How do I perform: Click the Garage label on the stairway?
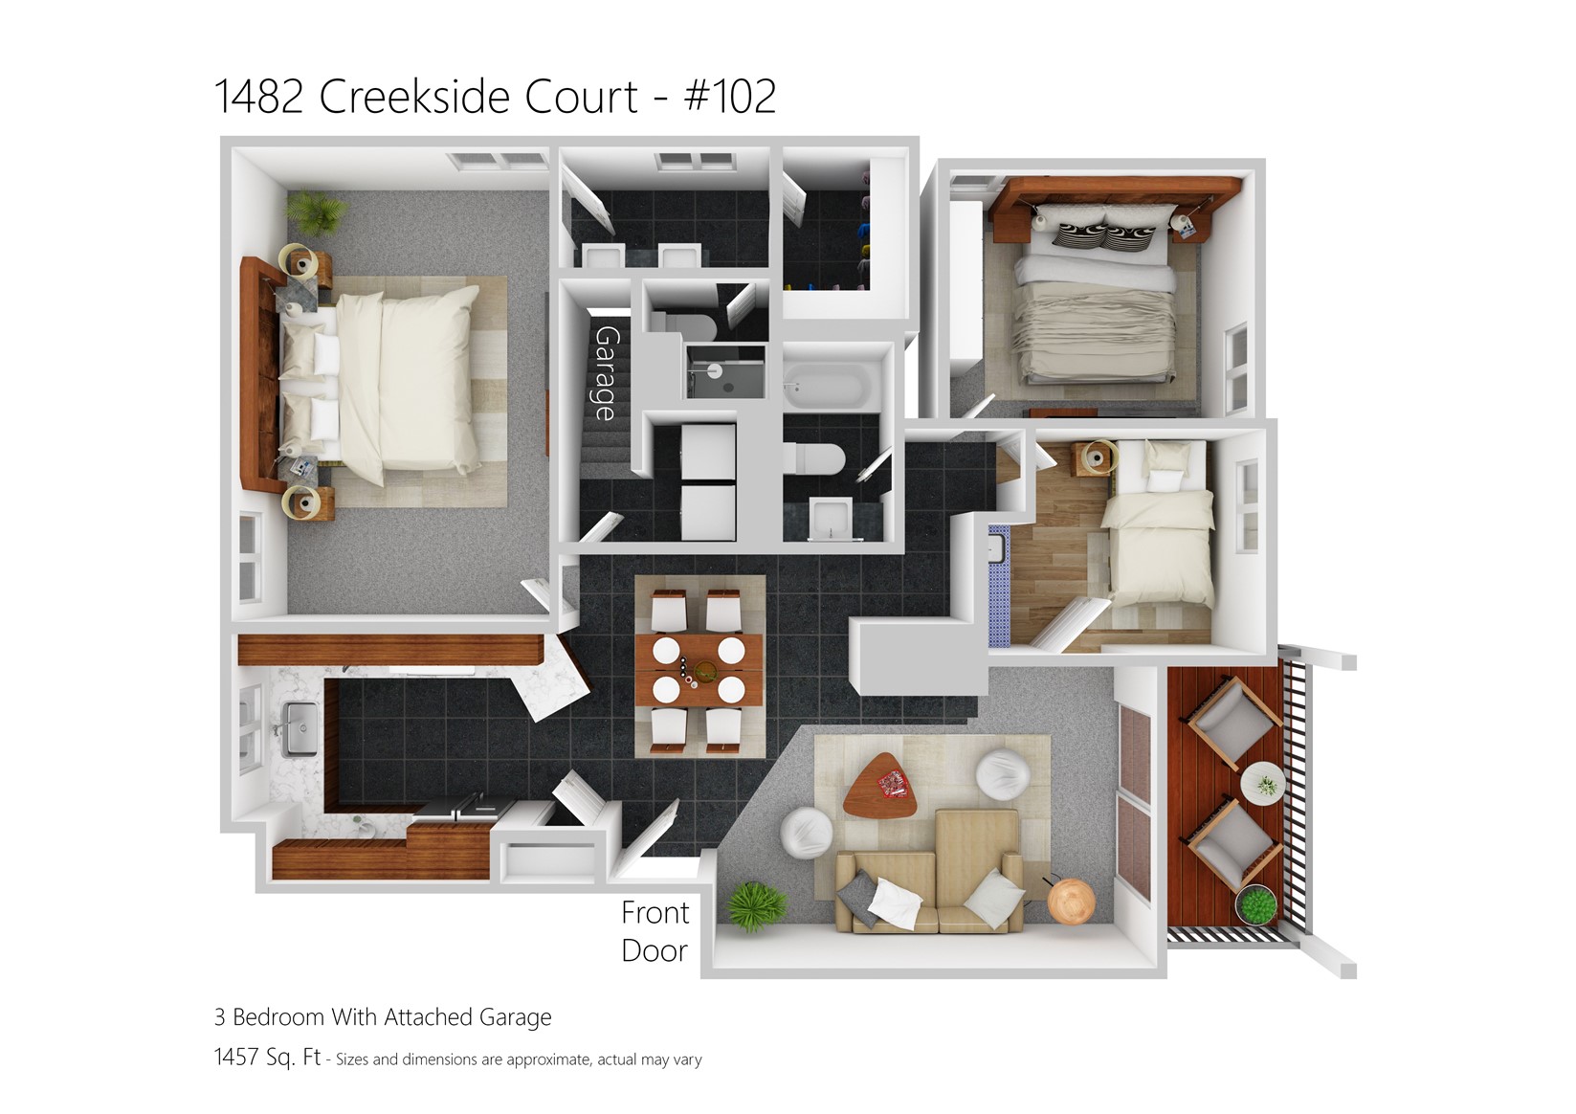[x=606, y=372]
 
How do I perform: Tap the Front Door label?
[x=655, y=931]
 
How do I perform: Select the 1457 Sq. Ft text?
[x=267, y=1059]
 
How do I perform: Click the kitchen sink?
[x=300, y=727]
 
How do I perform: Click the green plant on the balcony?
[x=1257, y=906]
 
